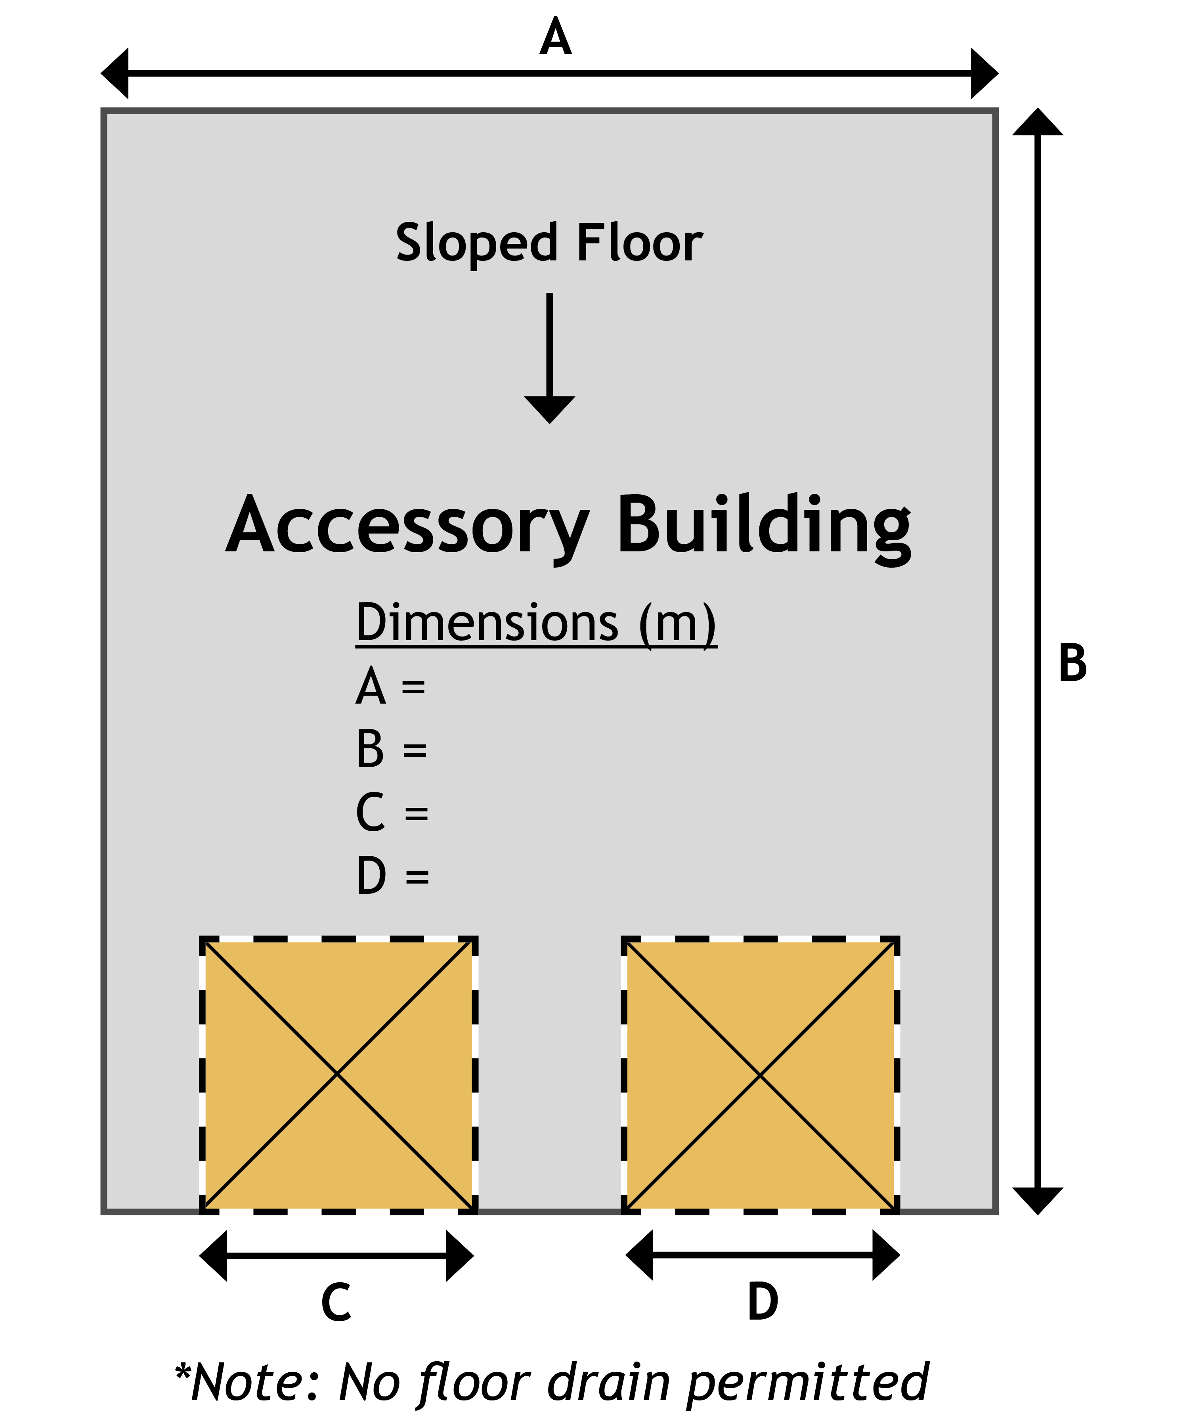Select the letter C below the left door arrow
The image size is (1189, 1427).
point(336,1302)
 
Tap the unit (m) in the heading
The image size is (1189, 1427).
point(677,624)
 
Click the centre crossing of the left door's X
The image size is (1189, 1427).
point(338,1074)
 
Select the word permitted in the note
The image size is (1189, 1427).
point(807,1383)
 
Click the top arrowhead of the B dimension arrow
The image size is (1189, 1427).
point(1038,122)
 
